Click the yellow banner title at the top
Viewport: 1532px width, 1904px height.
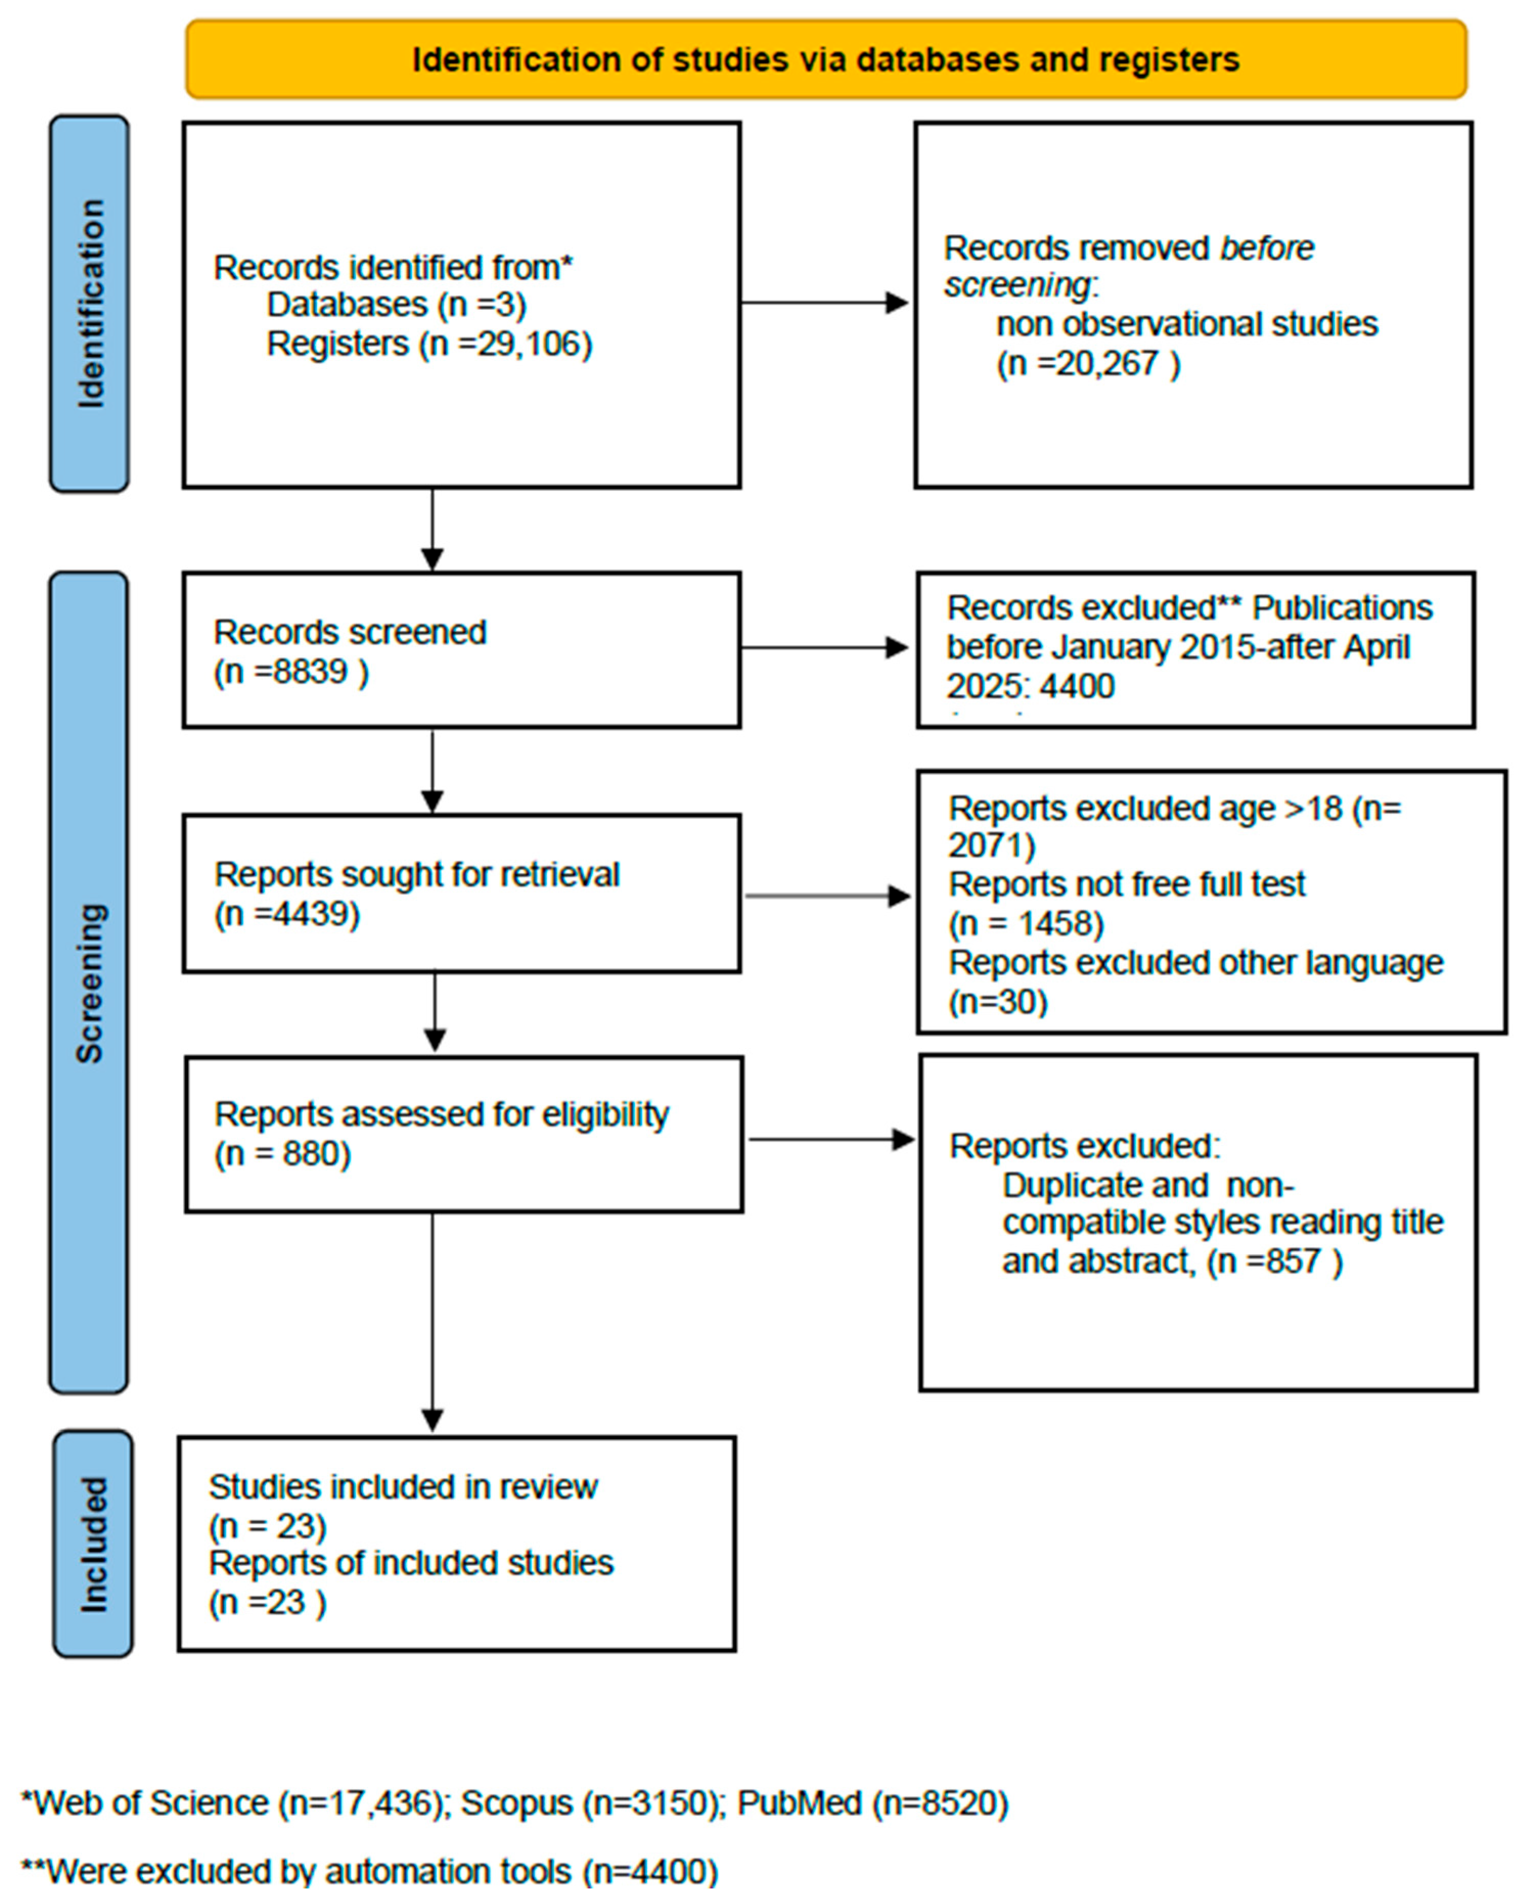(826, 60)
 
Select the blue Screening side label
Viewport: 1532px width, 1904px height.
(89, 982)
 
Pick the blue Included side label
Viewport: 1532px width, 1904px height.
(93, 1544)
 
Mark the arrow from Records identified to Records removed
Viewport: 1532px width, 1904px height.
(826, 303)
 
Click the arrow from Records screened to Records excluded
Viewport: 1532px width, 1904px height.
(826, 647)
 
